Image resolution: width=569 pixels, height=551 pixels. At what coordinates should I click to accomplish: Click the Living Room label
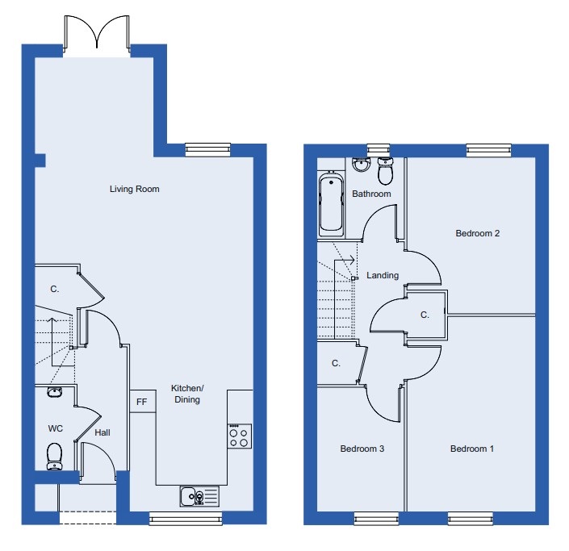(x=134, y=189)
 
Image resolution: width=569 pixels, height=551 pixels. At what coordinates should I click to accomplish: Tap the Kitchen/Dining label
(x=187, y=394)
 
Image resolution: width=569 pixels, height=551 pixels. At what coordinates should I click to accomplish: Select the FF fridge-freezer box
(x=143, y=401)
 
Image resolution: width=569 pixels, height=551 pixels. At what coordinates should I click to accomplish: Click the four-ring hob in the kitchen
(x=240, y=436)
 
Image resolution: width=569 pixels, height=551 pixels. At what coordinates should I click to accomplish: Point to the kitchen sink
(x=199, y=496)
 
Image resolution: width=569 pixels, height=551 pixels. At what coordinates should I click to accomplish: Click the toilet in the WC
(x=54, y=457)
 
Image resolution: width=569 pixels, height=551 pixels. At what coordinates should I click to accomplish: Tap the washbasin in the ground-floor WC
(x=54, y=392)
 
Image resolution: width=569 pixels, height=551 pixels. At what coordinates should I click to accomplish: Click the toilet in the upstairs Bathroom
(x=385, y=171)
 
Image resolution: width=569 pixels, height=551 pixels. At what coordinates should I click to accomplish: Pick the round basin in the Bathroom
(x=360, y=165)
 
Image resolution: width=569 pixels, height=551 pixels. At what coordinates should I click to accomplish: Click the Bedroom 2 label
(x=478, y=233)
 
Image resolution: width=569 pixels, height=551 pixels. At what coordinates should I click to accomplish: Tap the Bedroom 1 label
(x=472, y=449)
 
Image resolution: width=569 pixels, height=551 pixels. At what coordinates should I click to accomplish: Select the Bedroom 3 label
(x=362, y=449)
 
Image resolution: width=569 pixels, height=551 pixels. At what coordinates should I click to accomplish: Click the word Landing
(x=383, y=275)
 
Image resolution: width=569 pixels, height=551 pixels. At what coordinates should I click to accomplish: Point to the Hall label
(x=103, y=432)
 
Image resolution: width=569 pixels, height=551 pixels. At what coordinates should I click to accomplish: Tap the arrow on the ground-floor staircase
(x=52, y=342)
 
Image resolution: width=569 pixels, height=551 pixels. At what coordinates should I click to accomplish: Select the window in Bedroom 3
(x=376, y=518)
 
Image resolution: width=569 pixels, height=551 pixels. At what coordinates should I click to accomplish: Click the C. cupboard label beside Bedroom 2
(x=425, y=315)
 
